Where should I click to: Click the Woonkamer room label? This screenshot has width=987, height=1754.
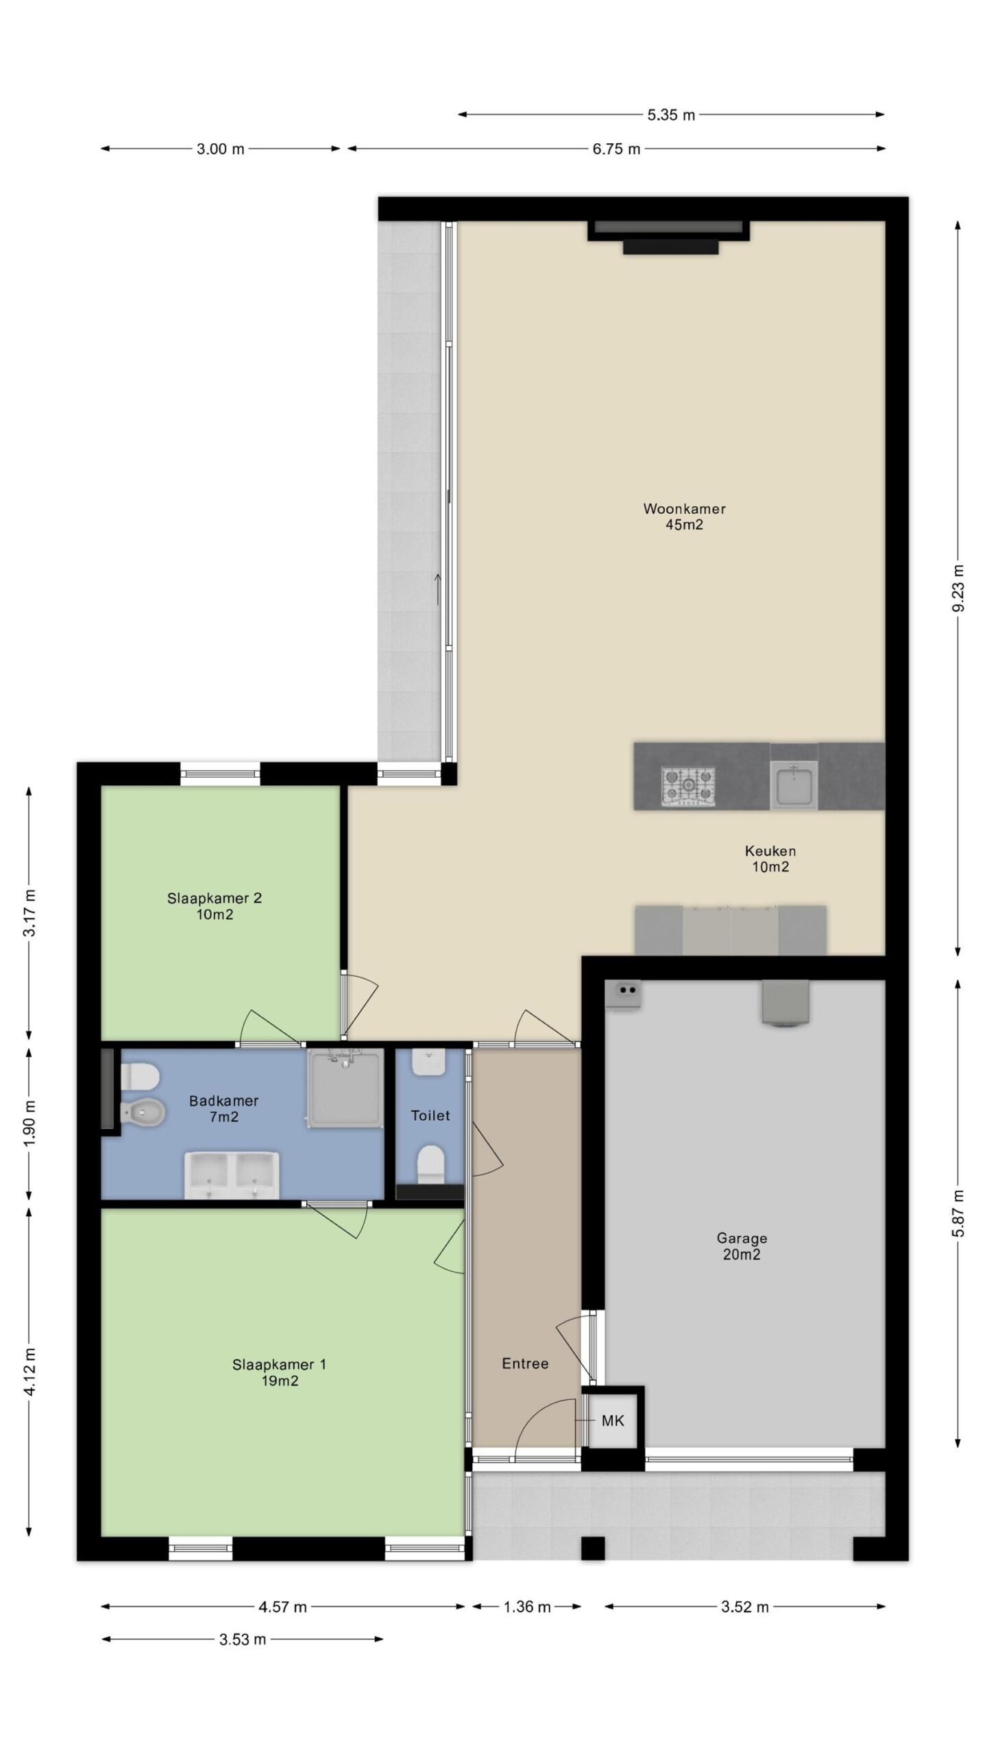tap(683, 508)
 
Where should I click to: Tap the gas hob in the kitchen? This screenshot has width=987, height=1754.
tap(687, 785)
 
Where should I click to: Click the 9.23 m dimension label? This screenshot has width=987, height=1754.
tap(958, 589)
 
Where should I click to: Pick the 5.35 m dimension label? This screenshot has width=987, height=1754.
tap(671, 115)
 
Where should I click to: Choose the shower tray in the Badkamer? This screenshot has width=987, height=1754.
tap(344, 1087)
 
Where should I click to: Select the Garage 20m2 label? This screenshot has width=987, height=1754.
tap(742, 1246)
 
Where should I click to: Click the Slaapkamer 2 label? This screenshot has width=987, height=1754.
tap(215, 898)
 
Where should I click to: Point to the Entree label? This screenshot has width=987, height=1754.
tap(525, 1363)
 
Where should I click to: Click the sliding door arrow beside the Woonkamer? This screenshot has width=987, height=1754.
tap(437, 588)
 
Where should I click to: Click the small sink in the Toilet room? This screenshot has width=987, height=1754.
tap(429, 1063)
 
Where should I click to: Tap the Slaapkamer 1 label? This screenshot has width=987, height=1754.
tap(279, 1364)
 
